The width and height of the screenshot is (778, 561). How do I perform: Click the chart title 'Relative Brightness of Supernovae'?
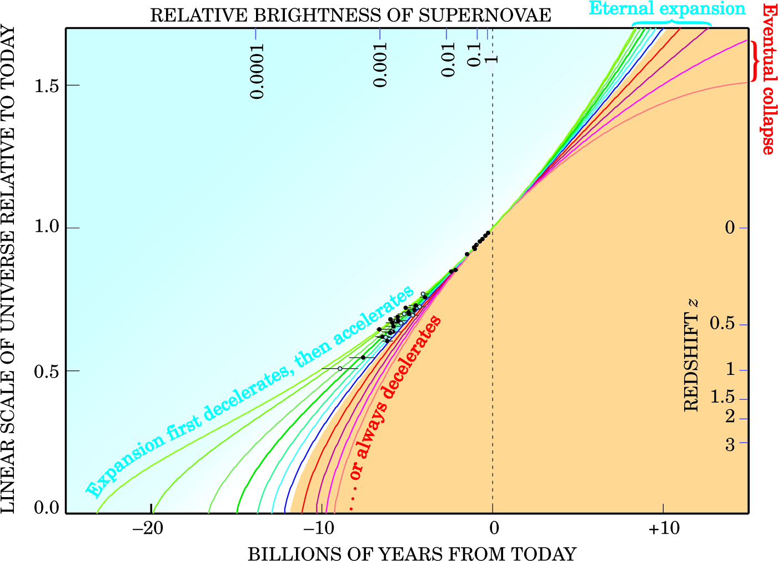click(350, 15)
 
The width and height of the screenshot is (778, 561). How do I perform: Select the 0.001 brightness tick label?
click(380, 63)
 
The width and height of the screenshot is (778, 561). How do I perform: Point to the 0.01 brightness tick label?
click(448, 59)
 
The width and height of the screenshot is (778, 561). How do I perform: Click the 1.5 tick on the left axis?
click(47, 85)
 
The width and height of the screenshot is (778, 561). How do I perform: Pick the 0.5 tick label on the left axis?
click(47, 370)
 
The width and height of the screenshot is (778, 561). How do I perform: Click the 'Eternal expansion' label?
click(667, 8)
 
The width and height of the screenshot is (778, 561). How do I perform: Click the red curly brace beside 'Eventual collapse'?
click(755, 61)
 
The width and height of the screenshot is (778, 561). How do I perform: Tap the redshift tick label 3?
click(730, 444)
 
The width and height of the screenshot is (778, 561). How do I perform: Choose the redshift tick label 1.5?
click(722, 398)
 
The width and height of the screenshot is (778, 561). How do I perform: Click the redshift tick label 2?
click(730, 416)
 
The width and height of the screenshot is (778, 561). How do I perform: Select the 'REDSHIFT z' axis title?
click(690, 355)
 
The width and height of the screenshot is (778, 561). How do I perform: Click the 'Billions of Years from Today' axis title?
click(411, 554)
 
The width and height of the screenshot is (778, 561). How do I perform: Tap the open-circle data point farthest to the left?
click(340, 369)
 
